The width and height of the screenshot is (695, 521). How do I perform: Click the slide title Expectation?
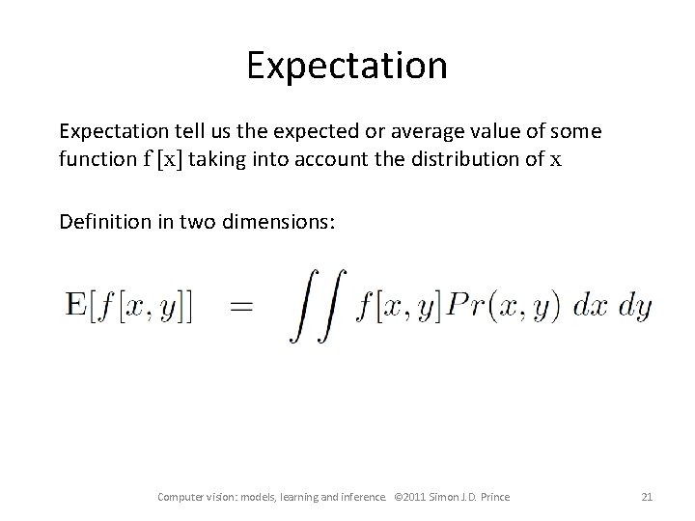pos(347,66)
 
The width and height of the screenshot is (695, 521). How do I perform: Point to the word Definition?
pos(102,223)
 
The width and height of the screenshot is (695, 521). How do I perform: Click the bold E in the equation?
pos(75,308)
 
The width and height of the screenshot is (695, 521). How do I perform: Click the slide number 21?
pos(647,497)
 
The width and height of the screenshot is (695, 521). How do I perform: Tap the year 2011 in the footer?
pos(424,497)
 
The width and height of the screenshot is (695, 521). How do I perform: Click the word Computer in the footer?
pos(181,497)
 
